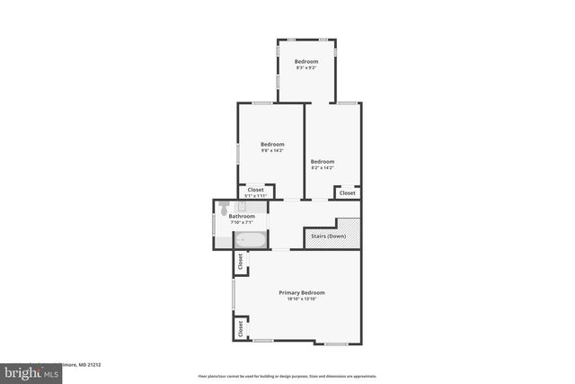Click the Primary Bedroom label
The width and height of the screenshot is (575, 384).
coord(301,292)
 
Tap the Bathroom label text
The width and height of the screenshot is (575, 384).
coord(242,216)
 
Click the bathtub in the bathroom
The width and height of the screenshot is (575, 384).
coord(251,240)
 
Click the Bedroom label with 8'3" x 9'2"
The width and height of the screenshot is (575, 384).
coord(306,61)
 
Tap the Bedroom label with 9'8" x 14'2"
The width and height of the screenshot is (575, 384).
coord(272,145)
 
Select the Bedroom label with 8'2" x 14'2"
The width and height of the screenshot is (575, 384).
coord(322,162)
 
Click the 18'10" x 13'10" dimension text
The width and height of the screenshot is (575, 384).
coord(301,299)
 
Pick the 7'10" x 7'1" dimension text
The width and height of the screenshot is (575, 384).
coord(242,222)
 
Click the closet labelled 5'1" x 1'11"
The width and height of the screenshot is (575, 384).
coord(256,192)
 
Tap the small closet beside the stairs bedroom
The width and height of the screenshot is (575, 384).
coord(347,192)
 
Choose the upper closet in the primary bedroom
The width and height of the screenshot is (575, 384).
coord(241,262)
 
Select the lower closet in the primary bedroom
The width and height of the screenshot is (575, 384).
coord(241,329)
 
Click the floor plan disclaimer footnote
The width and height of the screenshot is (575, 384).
coord(287,376)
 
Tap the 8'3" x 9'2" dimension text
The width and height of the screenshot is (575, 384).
coord(306,67)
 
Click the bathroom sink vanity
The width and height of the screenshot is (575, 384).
coord(242,206)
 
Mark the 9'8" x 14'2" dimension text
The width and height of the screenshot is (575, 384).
coord(272,151)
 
